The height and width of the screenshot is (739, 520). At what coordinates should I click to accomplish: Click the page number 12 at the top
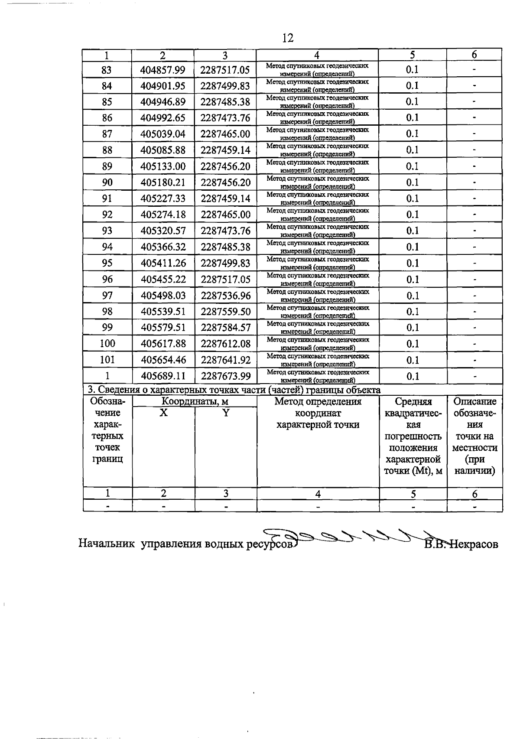coord(287,38)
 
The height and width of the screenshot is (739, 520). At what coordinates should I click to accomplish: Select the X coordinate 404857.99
coord(163,70)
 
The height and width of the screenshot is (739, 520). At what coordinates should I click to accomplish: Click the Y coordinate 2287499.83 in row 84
coord(225,86)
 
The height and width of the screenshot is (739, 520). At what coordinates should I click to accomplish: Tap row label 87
coord(107,134)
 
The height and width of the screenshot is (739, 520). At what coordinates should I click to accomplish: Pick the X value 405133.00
coord(163,166)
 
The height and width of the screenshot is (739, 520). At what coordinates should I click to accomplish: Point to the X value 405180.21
coord(163,182)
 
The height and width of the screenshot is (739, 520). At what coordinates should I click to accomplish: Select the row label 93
coord(107,231)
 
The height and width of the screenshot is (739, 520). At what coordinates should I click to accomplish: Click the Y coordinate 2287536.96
coord(225,296)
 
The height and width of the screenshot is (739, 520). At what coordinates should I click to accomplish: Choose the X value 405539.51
coord(163,312)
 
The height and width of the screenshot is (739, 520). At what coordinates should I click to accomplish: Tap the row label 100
coord(107,344)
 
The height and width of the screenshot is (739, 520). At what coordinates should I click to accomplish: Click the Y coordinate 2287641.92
coord(225,360)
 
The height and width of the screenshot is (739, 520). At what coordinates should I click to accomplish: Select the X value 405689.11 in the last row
coord(163,376)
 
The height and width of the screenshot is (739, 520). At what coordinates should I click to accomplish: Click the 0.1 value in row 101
coord(413,360)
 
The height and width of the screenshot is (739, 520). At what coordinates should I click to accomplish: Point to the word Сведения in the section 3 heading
coord(117,390)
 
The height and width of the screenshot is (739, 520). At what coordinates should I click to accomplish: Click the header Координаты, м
coord(195,402)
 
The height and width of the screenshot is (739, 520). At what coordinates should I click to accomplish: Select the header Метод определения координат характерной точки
coord(318,413)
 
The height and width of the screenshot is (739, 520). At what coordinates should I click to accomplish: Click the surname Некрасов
coord(474,544)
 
